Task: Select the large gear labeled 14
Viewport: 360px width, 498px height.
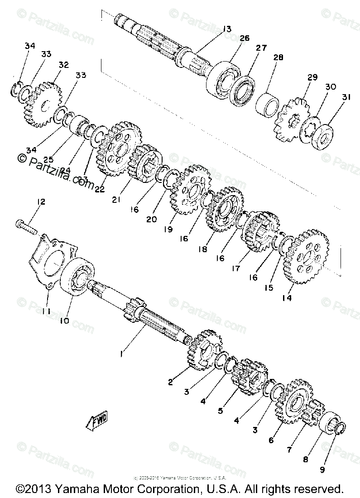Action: point(307,256)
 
